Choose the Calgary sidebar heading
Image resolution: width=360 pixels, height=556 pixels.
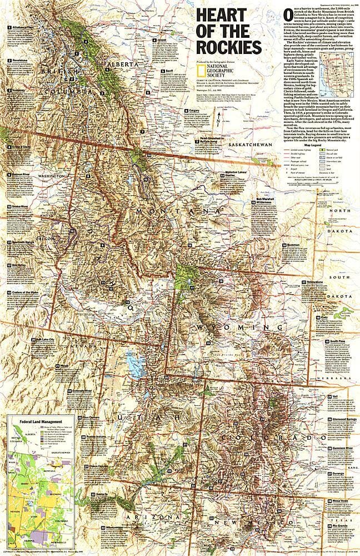194,110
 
